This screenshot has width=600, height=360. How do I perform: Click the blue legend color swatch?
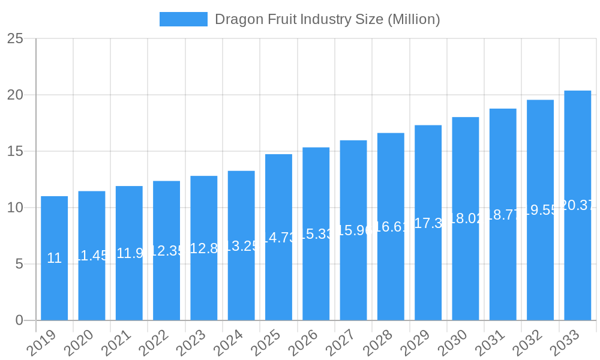tap(183, 19)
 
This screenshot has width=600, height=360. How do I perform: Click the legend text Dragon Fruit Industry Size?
tap(327, 19)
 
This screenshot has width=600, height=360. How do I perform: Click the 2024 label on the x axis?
tap(229, 344)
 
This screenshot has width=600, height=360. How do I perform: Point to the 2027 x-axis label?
tap(341, 344)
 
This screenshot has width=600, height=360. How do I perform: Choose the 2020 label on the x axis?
tap(80, 344)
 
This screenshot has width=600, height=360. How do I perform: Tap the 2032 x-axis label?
tap(528, 344)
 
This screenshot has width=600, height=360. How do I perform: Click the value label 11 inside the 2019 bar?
tap(54, 258)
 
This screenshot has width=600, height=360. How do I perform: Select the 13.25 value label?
tap(241, 246)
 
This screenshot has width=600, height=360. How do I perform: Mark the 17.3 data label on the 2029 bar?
tap(428, 223)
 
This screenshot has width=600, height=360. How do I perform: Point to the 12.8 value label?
tap(203, 248)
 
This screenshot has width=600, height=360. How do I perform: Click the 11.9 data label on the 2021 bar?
tap(129, 253)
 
